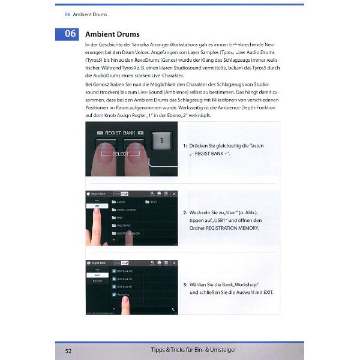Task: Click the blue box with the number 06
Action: click(x=70, y=34)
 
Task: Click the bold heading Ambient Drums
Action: click(x=112, y=34)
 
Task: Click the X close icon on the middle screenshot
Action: click(x=175, y=194)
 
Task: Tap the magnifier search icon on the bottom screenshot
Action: click(x=153, y=262)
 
